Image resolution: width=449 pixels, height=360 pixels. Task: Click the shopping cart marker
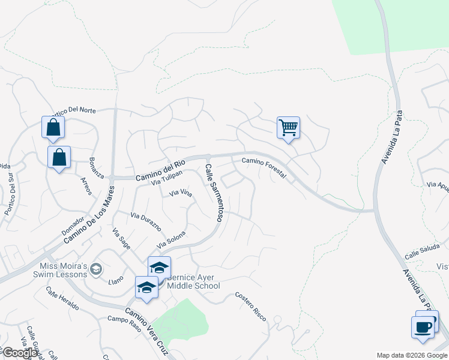[288, 128]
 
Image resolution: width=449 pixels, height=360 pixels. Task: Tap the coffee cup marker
[423, 328]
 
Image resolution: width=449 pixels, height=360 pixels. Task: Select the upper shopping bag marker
[53, 127]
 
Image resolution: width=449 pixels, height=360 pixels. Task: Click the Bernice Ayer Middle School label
[193, 281]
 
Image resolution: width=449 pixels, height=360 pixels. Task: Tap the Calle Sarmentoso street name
[214, 193]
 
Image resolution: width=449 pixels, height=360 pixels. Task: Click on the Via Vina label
[180, 193]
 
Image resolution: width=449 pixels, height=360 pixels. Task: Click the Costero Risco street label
[250, 305]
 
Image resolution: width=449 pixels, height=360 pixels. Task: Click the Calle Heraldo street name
[62, 298]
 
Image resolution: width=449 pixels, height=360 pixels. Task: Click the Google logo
[19, 353]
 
